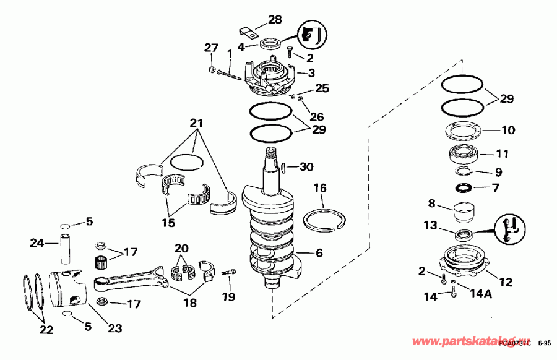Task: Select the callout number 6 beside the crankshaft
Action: point(319,252)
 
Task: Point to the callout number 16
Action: point(319,187)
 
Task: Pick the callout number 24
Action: point(37,244)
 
